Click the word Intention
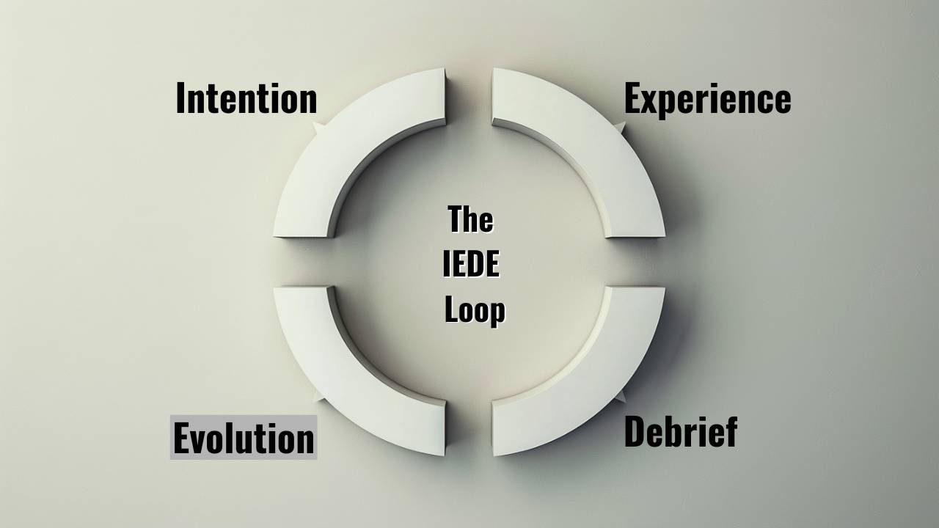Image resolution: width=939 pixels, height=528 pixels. (246, 98)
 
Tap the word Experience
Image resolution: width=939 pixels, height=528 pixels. (707, 99)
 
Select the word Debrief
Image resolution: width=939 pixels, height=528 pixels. (680, 431)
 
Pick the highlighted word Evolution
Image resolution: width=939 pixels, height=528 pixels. (244, 438)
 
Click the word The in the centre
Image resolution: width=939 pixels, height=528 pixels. (469, 219)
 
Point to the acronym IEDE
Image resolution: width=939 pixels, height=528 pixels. (471, 264)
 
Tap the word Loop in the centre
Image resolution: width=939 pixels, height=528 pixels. (475, 309)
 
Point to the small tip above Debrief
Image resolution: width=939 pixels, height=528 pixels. (623, 397)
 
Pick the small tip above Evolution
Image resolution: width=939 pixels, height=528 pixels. (317, 397)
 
